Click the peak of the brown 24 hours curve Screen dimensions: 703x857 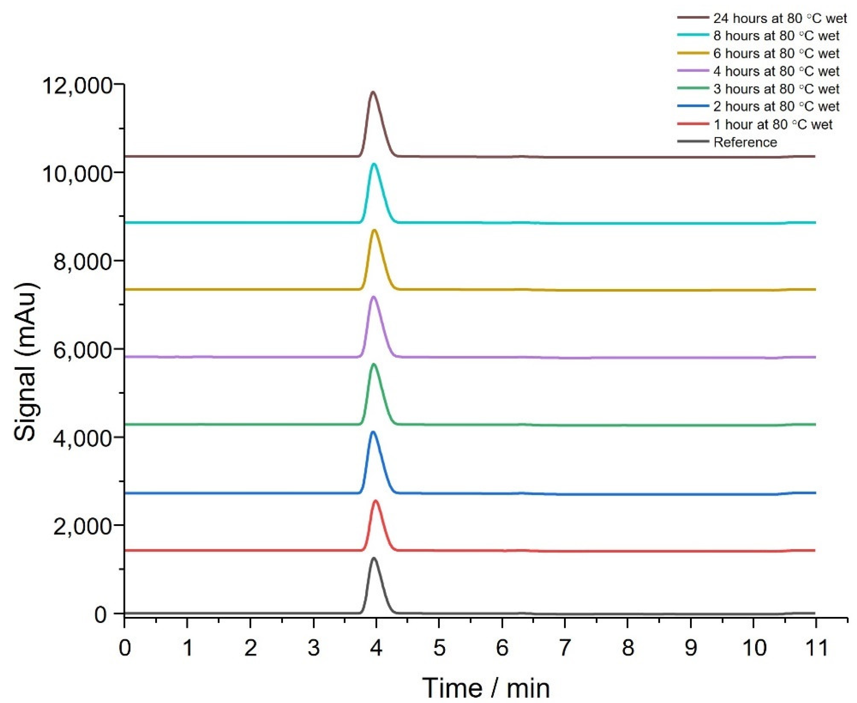pyautogui.click(x=373, y=92)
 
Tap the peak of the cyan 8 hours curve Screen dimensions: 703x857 pyautogui.click(x=374, y=164)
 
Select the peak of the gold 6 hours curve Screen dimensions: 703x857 pyautogui.click(x=374, y=230)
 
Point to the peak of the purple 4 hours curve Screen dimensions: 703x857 pyautogui.click(x=373, y=297)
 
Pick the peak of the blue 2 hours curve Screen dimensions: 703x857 pyautogui.click(x=373, y=432)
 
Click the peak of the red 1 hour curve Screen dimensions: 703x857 pyautogui.click(x=376, y=501)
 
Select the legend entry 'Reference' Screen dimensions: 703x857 pyautogui.click(x=745, y=142)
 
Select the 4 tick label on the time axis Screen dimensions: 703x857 pyautogui.click(x=376, y=648)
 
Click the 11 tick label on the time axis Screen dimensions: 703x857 pyautogui.click(x=815, y=648)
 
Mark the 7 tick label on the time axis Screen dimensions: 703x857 pyautogui.click(x=565, y=648)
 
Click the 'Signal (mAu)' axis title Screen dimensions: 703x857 pyautogui.click(x=27, y=362)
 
